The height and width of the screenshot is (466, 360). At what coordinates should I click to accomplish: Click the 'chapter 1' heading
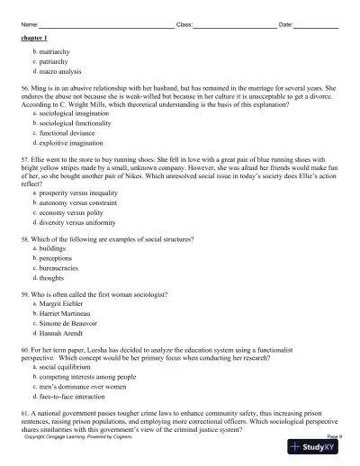pos(34,40)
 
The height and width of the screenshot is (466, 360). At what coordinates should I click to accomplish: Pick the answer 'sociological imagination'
pos(78,115)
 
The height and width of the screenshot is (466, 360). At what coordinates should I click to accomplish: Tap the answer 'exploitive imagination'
pos(74,142)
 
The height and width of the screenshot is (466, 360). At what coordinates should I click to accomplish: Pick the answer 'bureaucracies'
pos(62,268)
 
